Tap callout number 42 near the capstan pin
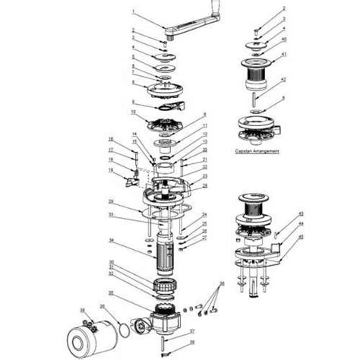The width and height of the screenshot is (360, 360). coord(283,80)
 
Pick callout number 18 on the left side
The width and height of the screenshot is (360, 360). coord(111,139)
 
